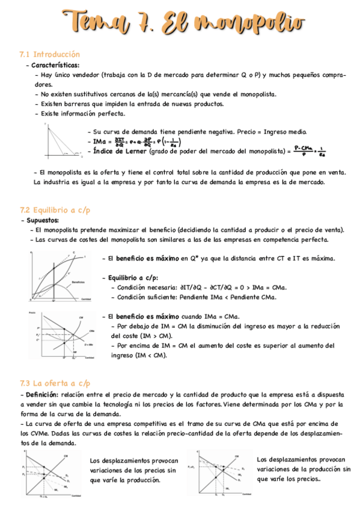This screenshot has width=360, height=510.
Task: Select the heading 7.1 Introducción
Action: click(50, 55)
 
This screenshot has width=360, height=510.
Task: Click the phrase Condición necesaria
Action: click(147, 287)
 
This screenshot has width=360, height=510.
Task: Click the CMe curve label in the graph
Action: click(91, 331)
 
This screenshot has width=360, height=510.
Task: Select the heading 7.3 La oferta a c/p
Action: click(55, 382)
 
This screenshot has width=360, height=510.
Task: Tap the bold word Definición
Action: click(39, 393)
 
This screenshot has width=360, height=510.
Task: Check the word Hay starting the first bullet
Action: click(47, 76)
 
